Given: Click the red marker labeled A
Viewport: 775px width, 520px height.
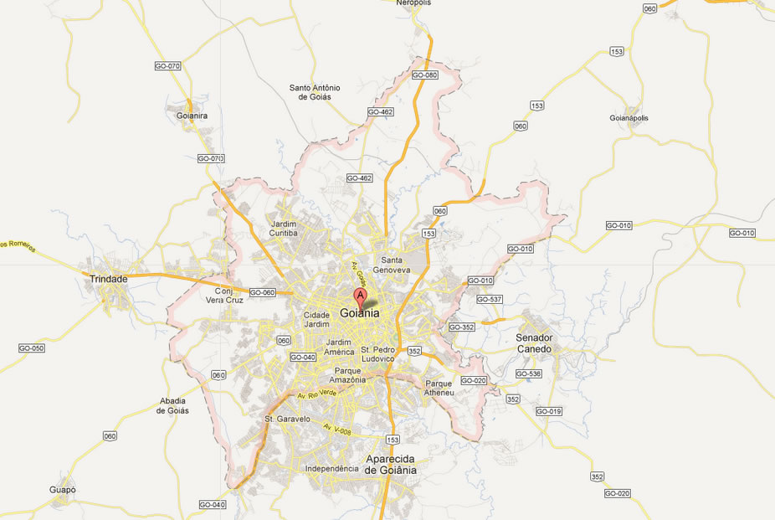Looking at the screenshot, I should pos(360,296).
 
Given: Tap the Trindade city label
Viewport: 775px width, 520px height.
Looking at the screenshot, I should pos(109,279).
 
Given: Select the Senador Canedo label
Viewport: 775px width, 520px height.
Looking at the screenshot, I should pos(534,342).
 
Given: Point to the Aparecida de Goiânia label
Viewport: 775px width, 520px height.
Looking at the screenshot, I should pos(391,464).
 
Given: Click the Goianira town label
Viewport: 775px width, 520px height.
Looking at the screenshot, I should pos(192,116).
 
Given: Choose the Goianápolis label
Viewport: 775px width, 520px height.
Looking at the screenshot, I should pos(629,118).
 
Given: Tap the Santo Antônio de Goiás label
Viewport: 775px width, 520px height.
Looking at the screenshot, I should pos(315,92).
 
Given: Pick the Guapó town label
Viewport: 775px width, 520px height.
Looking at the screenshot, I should pos(62,490).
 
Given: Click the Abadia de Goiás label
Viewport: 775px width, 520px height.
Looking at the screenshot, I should pos(173,405).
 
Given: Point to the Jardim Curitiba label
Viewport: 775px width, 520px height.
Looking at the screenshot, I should pos(284,228).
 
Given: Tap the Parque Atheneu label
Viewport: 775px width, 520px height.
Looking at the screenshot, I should pos(439,388).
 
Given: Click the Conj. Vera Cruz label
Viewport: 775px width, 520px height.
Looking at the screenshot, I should pos(224,295).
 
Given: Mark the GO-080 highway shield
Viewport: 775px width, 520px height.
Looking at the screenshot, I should pos(425,75).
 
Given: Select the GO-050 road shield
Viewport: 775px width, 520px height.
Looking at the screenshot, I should pos(31,348).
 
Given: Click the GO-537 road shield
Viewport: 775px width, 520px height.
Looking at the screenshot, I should pos(489,299).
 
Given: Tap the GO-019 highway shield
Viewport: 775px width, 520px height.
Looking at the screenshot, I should pos(549,411).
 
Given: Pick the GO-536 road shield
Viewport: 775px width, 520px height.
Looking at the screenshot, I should pos(529,373).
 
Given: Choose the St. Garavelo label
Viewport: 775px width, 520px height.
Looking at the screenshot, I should pos(287,419).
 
